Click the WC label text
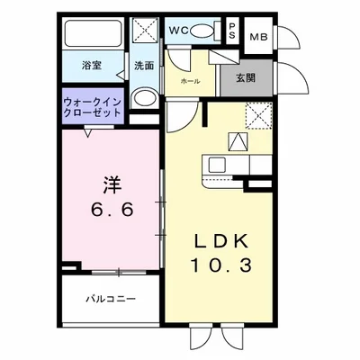click(177, 31)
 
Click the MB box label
click(258, 37)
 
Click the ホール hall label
click(190, 80)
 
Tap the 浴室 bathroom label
click(92, 66)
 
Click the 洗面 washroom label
click(145, 66)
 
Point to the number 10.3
click(216, 267)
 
